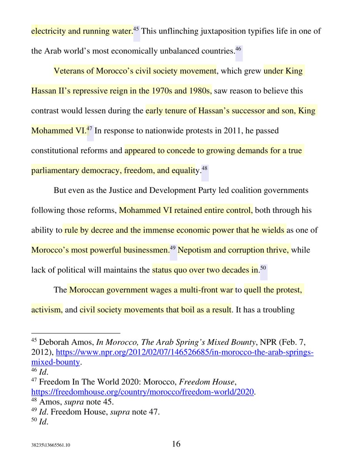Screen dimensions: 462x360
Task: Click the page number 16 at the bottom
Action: tap(176, 444)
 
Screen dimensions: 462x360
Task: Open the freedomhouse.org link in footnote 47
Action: tap(143, 392)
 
